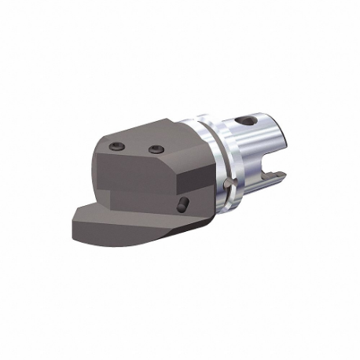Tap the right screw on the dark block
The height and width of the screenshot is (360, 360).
[x=154, y=149]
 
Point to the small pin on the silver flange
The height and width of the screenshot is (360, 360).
[x=226, y=182]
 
